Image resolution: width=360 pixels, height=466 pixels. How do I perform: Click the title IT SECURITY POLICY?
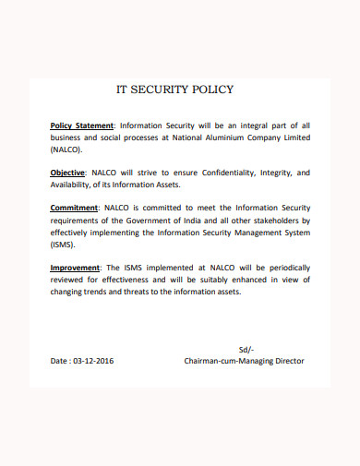[x=174, y=90]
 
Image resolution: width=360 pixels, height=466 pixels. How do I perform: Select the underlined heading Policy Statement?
[x=81, y=125]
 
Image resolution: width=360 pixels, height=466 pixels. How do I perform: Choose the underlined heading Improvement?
[x=77, y=268]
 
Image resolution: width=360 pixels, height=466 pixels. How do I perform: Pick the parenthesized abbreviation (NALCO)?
[x=66, y=149]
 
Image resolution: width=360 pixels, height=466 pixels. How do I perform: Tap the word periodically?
[x=282, y=268]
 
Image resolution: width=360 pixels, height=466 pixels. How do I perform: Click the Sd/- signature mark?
[x=246, y=349]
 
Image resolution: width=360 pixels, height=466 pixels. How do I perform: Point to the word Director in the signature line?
[x=283, y=361]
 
